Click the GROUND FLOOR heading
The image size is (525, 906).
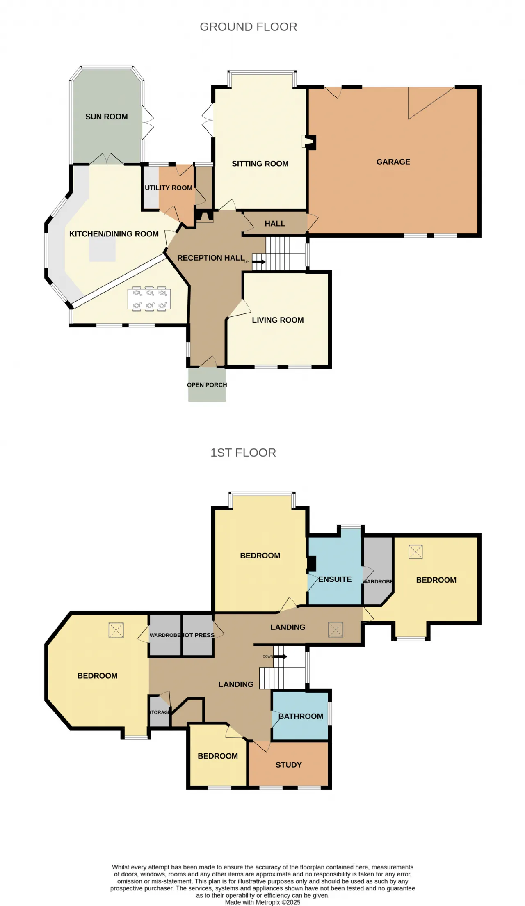(248, 27)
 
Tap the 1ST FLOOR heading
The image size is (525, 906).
(243, 453)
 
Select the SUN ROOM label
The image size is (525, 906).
(107, 117)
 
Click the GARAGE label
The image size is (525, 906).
(393, 162)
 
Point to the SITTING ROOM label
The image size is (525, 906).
(260, 164)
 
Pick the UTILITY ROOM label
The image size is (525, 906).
(169, 188)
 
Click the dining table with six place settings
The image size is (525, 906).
(150, 299)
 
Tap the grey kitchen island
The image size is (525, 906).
(103, 249)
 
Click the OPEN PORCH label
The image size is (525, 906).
(207, 385)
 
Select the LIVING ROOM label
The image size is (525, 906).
(278, 320)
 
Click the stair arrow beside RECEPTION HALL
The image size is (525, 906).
(259, 261)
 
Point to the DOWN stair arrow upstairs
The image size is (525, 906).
(280, 657)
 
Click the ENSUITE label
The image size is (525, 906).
(335, 579)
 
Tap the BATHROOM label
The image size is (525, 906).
(301, 716)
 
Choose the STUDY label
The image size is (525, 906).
(289, 765)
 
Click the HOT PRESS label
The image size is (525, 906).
(199, 635)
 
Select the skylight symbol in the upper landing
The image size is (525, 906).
(336, 629)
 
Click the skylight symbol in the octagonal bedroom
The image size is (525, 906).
(116, 630)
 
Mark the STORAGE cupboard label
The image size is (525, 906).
(159, 712)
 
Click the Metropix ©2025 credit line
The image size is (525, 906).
(262, 902)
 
